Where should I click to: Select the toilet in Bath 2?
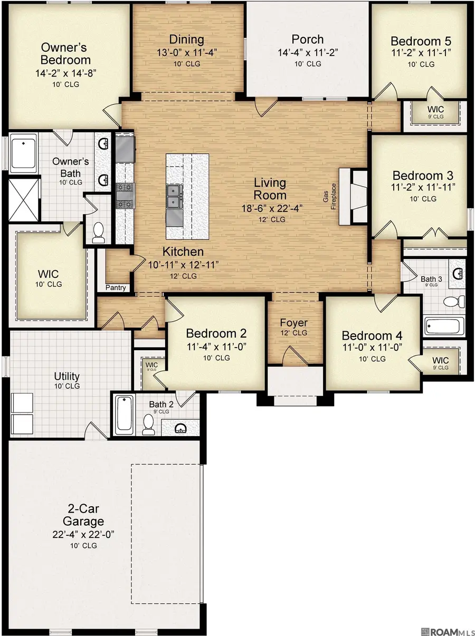click(149, 425)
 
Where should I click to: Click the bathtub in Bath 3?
click(444, 327)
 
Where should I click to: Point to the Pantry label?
click(116, 288)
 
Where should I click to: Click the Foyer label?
click(294, 323)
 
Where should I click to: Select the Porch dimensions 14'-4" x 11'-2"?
click(307, 52)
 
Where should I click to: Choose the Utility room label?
click(67, 376)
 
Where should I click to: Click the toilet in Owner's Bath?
click(98, 233)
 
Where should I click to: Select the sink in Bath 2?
click(181, 427)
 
